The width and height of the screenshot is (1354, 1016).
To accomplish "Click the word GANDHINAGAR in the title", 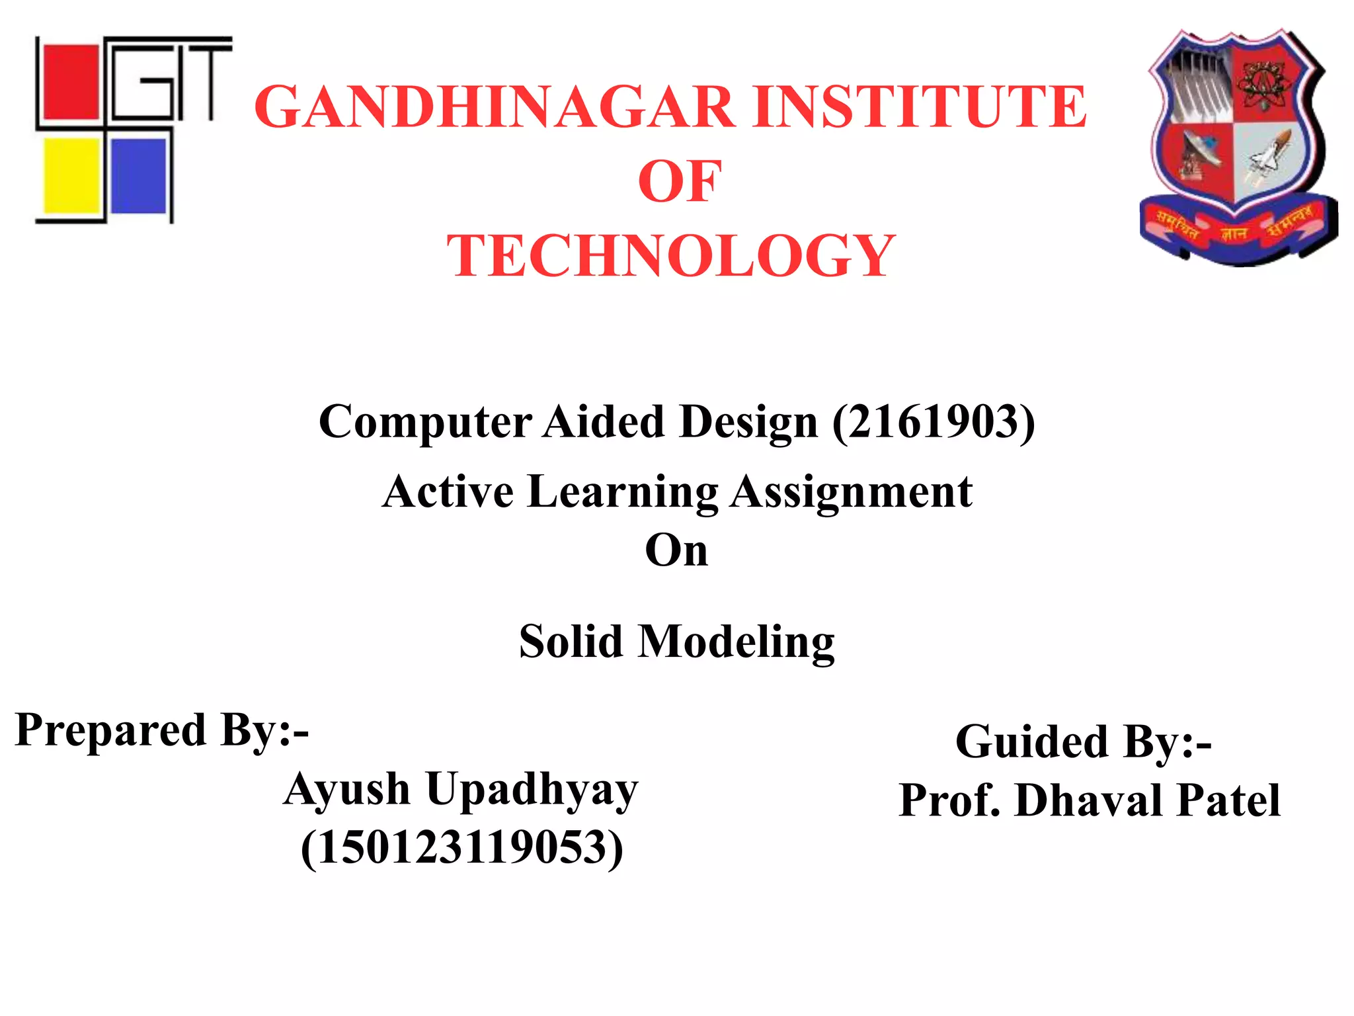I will (495, 107).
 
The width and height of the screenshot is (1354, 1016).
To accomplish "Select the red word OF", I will (679, 182).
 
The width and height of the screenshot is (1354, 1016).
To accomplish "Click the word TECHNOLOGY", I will (670, 256).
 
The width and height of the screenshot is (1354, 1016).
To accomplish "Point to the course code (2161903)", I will (933, 422).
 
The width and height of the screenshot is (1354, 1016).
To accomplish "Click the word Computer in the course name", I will (425, 422).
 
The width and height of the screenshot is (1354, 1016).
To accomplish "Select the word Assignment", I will (851, 492).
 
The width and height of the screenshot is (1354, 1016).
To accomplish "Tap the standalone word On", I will (676, 550).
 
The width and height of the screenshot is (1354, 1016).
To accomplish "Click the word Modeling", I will (735, 642).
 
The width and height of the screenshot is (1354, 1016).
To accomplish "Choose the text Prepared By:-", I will (162, 730).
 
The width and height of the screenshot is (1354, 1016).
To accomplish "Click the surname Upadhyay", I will (532, 790).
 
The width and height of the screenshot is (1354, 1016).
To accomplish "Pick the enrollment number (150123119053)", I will (461, 847).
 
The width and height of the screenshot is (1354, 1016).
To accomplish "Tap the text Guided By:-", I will (1083, 741).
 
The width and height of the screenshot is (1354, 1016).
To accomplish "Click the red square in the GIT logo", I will (67, 81).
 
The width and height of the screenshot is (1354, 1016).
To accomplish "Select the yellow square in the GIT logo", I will (71, 175).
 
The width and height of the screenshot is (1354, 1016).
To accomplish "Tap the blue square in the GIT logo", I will (139, 175).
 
